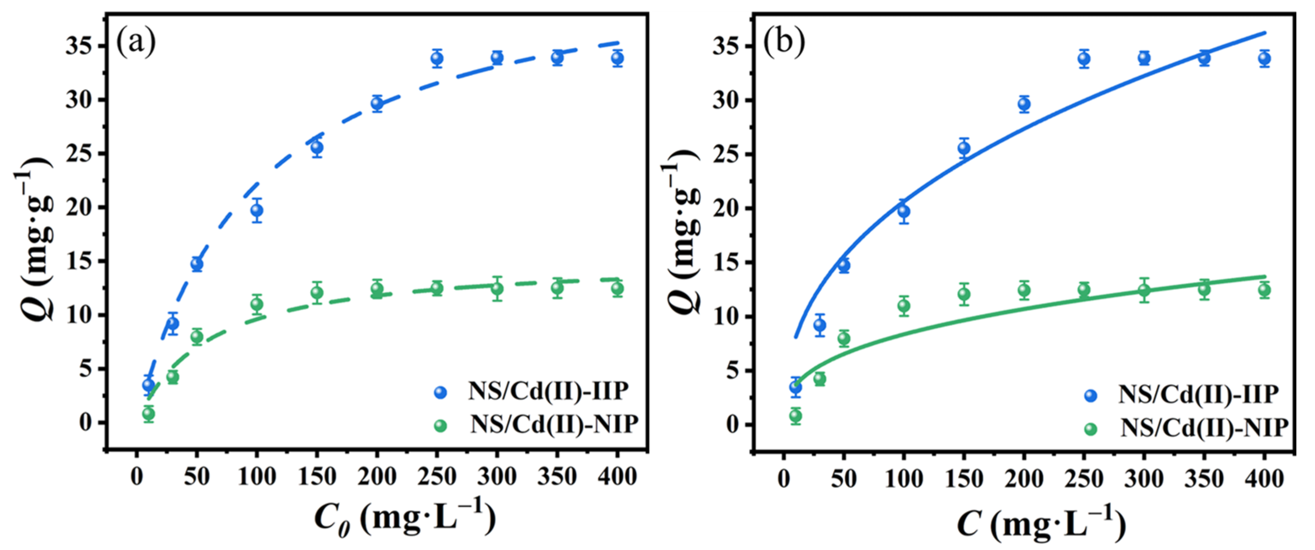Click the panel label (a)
(136, 42)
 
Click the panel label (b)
(784, 42)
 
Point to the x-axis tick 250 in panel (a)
(437, 477)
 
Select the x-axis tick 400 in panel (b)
(1265, 479)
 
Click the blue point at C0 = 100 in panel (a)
(257, 210)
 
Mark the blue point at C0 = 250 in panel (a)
(437, 59)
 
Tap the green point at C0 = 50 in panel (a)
(197, 337)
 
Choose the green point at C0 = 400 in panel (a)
(618, 288)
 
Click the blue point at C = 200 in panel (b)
(1024, 104)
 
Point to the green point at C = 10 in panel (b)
(795, 416)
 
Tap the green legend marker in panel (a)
(440, 425)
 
